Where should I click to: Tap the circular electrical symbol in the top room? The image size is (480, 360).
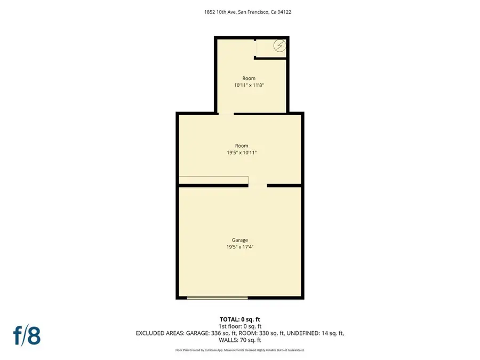tap(279, 46)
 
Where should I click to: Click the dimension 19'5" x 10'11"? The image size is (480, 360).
tap(242, 153)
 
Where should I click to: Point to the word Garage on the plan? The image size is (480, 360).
tap(239, 240)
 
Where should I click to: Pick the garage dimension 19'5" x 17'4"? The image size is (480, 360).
tap(239, 247)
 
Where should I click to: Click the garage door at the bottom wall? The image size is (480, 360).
tap(218, 297)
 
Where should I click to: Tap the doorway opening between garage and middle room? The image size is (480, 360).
tap(258, 185)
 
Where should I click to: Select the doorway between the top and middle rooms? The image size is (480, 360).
tap(226, 114)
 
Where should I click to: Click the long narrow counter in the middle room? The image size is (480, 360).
tap(213, 180)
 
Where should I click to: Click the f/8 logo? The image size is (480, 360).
tap(27, 335)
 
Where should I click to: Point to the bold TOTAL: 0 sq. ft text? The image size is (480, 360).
tap(239, 319)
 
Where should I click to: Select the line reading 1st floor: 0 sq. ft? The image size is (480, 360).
tap(240, 326)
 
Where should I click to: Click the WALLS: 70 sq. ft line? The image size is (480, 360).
tap(240, 340)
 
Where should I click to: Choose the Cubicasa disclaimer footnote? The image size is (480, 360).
tap(239, 350)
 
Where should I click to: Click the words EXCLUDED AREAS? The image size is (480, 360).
tap(158, 333)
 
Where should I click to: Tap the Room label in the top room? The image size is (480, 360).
tap(249, 78)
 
